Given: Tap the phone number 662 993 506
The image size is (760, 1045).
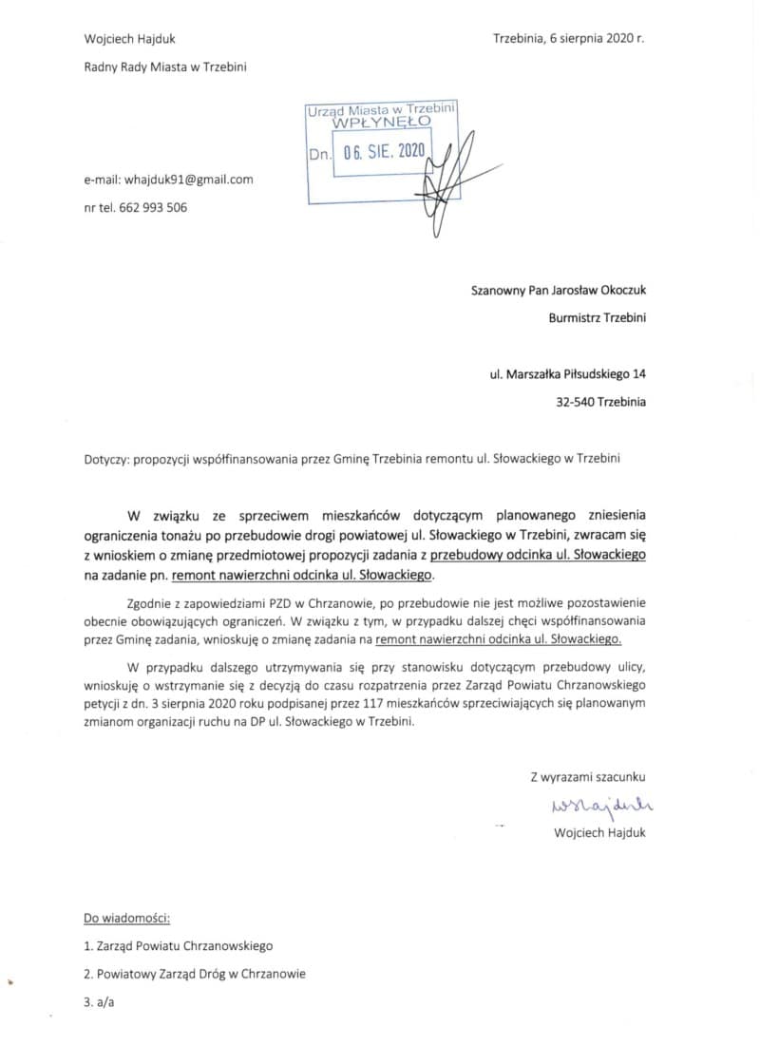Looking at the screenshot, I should click(x=154, y=207).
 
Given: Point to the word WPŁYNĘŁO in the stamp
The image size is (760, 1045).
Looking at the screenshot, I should click(x=381, y=123).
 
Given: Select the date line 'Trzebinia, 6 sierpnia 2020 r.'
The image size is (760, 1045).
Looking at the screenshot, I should click(x=568, y=39).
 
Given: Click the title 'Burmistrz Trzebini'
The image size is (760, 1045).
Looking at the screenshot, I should click(x=597, y=318).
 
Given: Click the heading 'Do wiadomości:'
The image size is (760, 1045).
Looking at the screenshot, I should click(x=126, y=919).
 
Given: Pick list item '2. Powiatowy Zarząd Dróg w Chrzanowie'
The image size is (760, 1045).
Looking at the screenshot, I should click(x=195, y=974).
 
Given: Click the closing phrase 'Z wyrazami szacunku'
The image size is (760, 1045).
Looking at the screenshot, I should click(x=587, y=776).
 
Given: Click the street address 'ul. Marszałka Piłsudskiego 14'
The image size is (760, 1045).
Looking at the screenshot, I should click(x=567, y=374).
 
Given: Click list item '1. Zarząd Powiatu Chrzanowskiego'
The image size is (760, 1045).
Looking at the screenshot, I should click(x=178, y=946).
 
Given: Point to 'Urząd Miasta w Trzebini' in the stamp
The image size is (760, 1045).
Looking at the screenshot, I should click(x=381, y=110).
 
